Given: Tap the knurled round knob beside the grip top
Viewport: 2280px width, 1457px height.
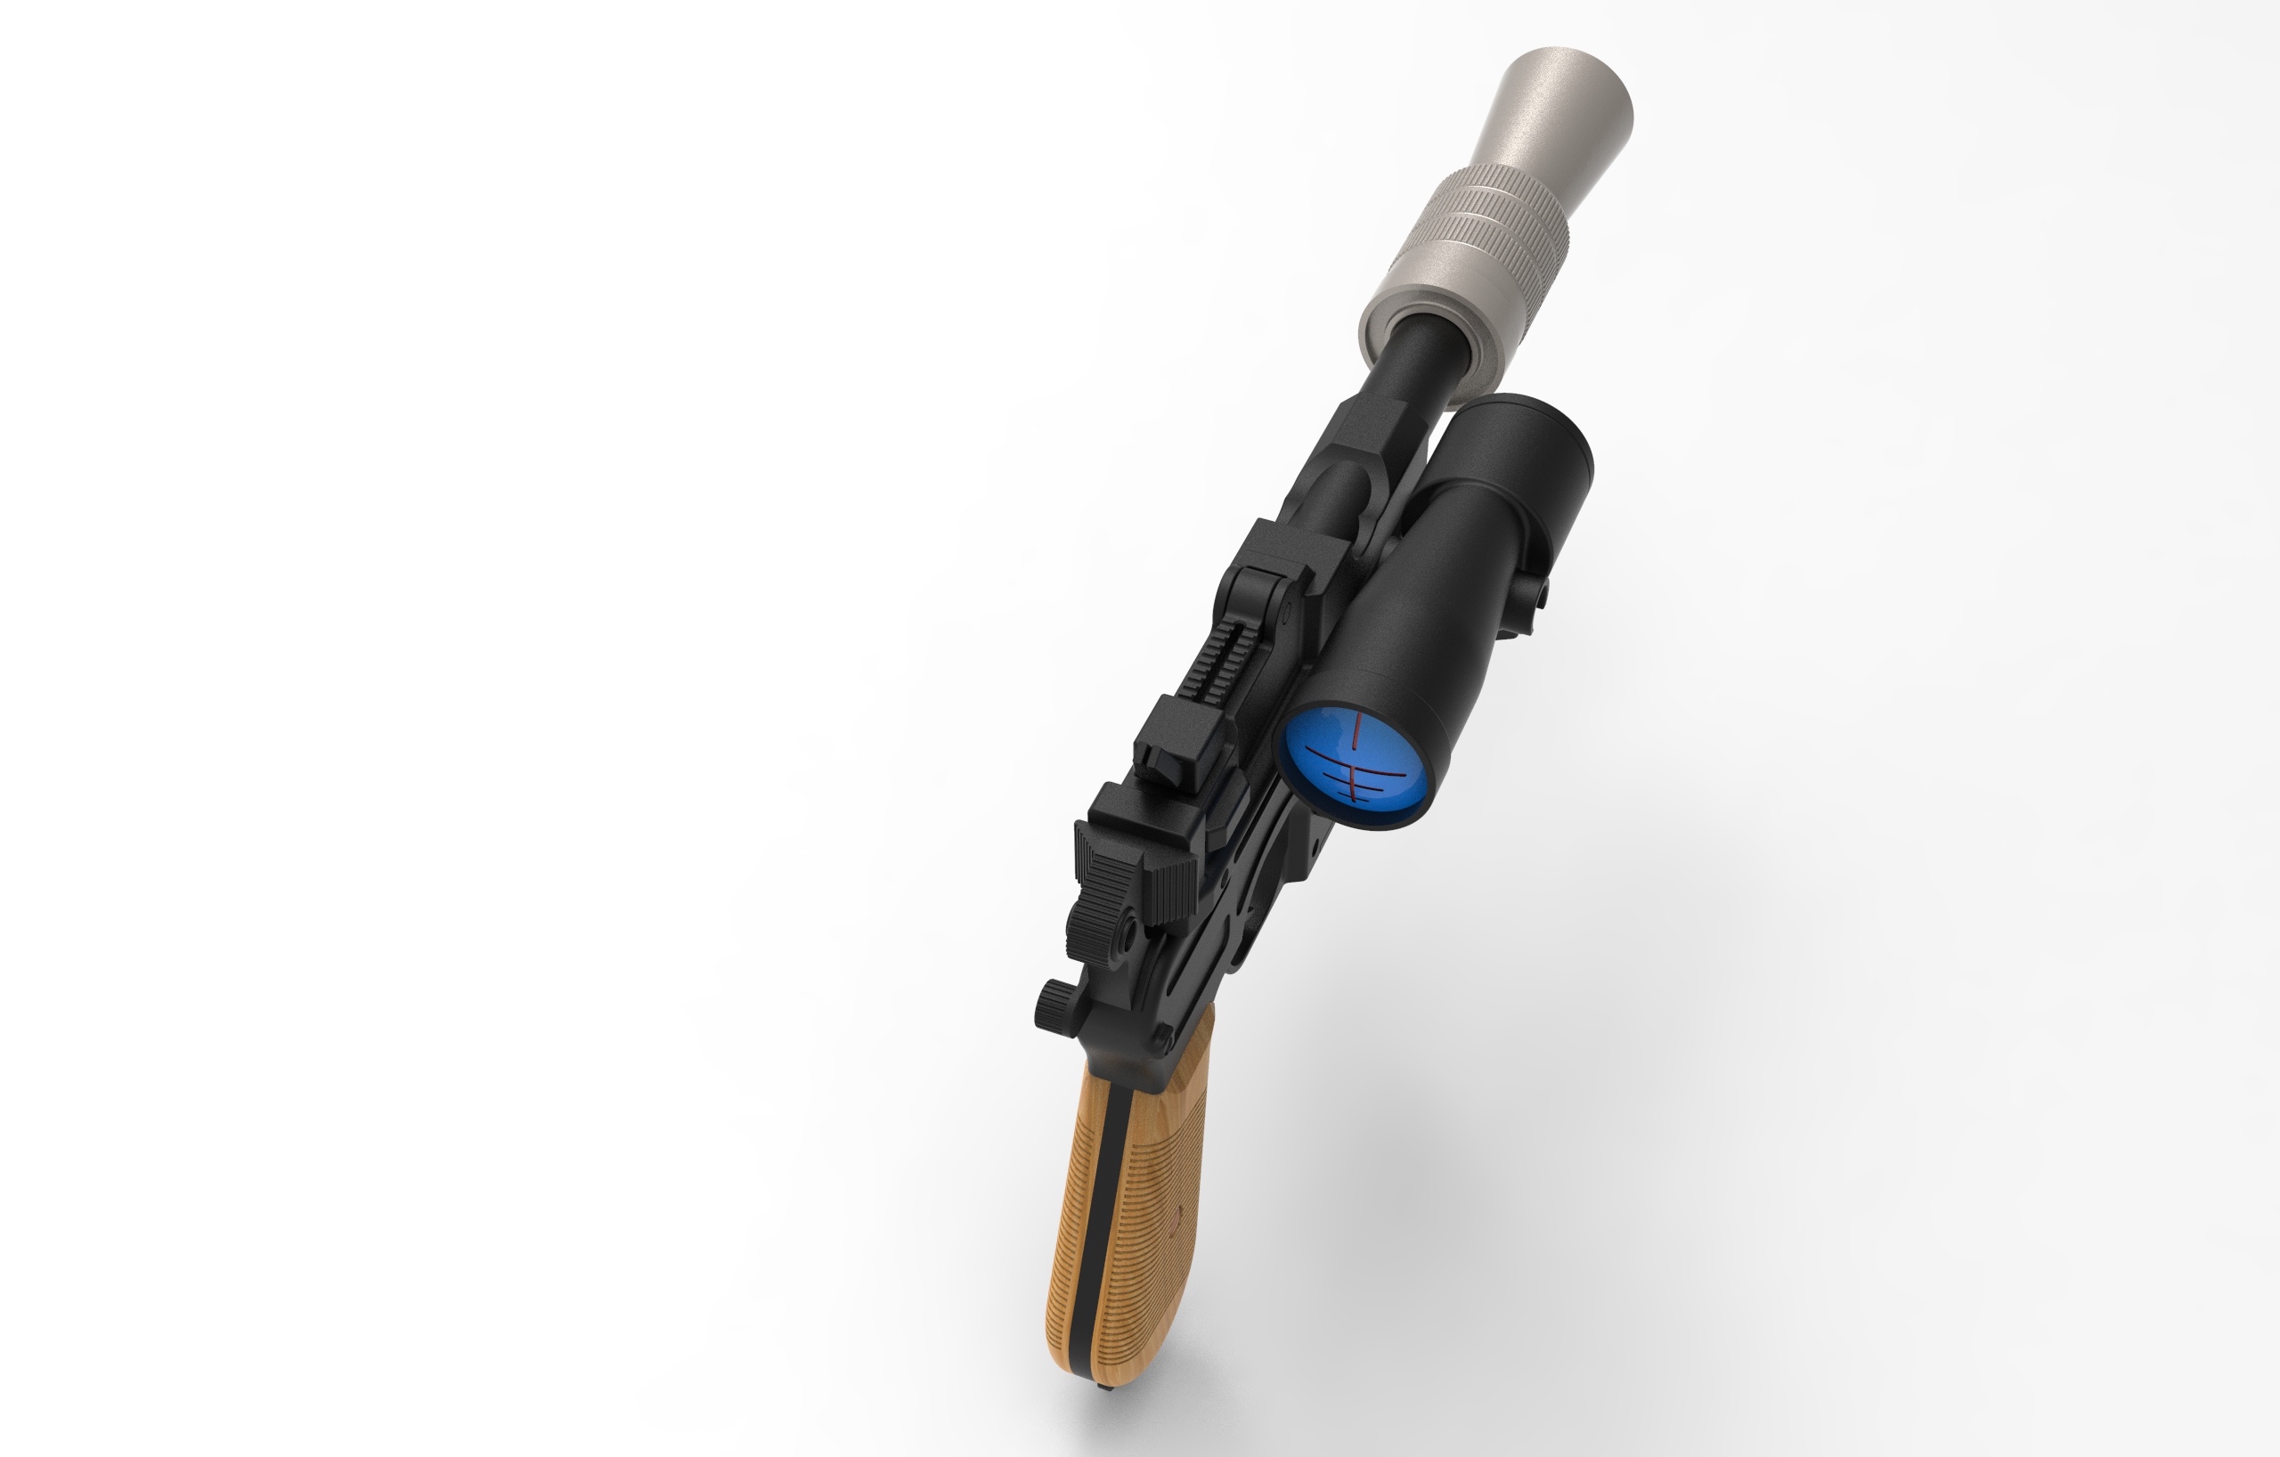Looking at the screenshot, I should click(1052, 1004).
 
